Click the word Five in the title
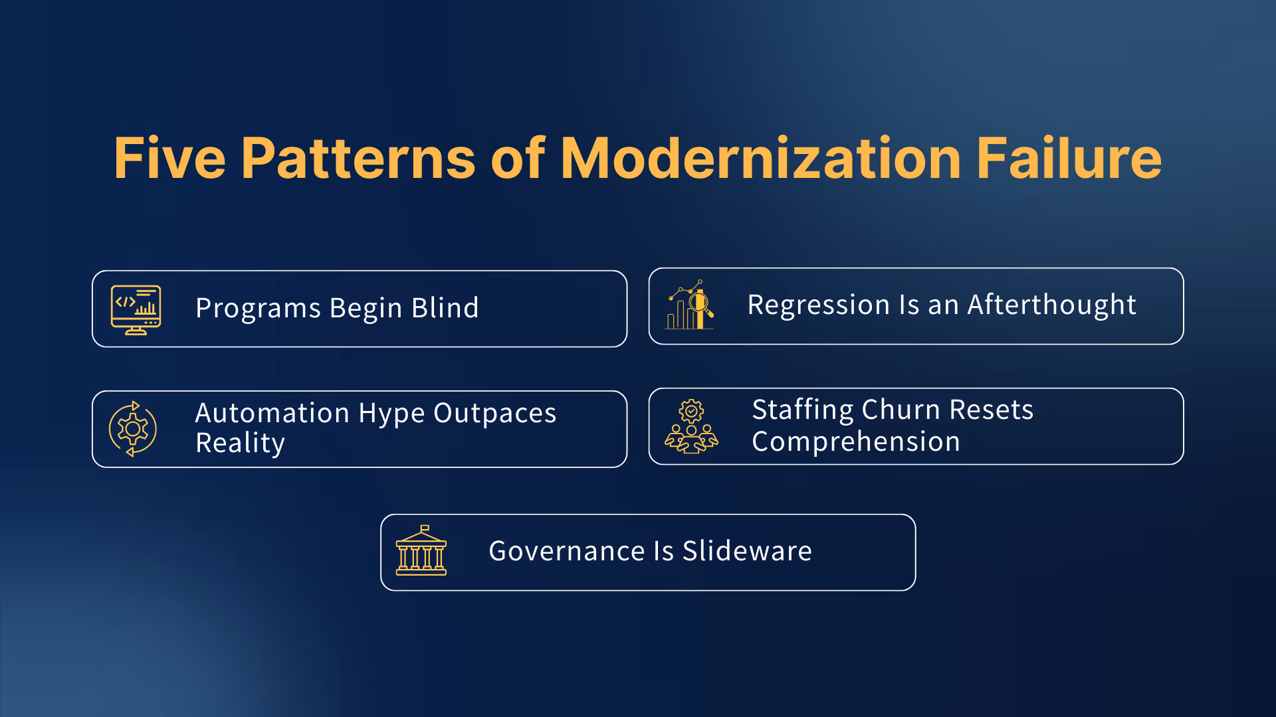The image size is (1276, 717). click(169, 158)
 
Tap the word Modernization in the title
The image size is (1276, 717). click(760, 158)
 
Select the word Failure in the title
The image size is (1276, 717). click(1069, 158)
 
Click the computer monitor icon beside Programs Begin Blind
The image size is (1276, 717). click(136, 309)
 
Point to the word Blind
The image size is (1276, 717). click(445, 308)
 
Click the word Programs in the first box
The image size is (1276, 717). click(259, 308)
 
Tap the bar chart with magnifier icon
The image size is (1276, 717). click(691, 305)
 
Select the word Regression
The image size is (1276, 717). click(818, 305)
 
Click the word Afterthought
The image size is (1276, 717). click(1051, 305)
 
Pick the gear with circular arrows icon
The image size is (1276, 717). click(133, 429)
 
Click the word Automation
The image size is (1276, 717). click(272, 413)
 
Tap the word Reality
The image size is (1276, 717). click(240, 443)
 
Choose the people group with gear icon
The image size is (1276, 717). click(691, 427)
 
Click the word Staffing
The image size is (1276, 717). click(802, 410)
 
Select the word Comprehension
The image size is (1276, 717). click(855, 441)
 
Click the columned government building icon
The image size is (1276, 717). click(421, 551)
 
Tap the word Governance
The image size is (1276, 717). click(567, 551)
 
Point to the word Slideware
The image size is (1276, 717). click(747, 551)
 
